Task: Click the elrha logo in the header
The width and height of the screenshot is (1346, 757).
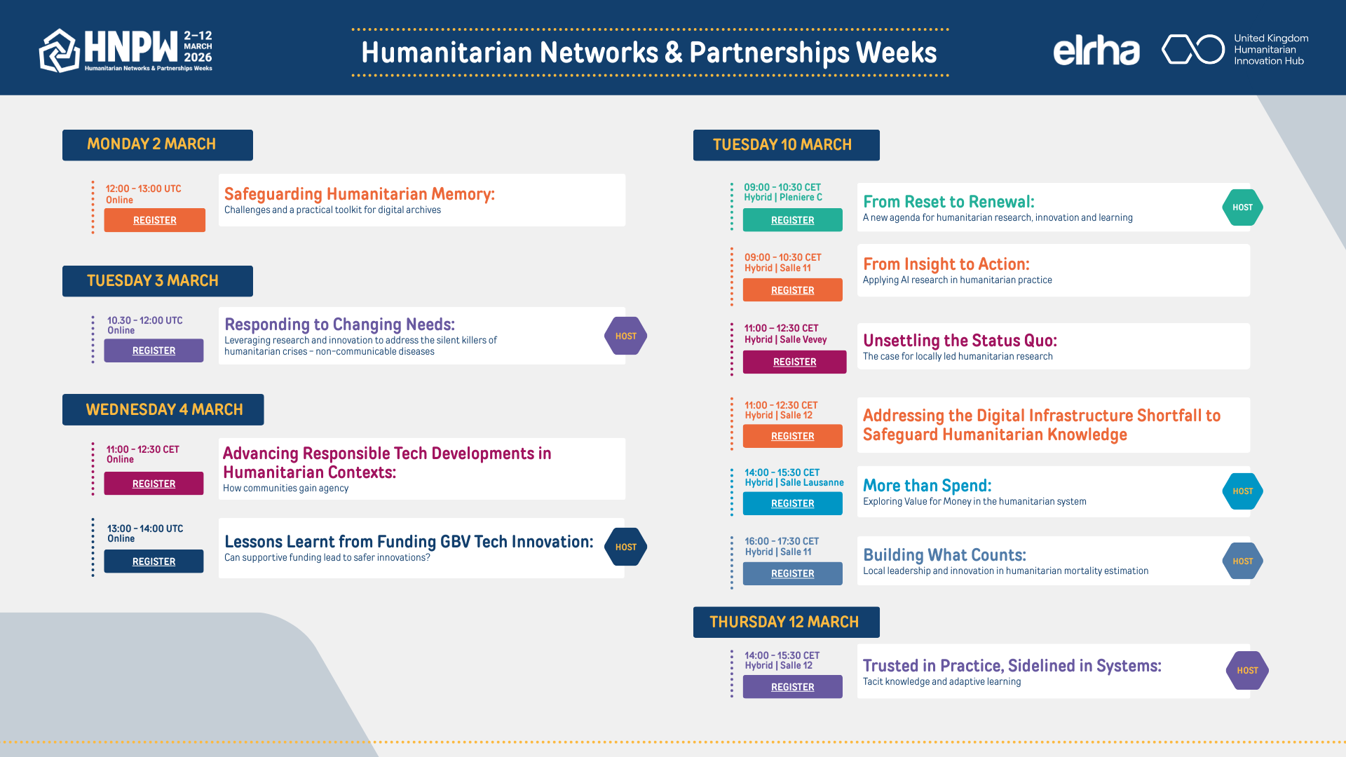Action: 1096,50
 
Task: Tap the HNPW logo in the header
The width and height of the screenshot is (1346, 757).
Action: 126,50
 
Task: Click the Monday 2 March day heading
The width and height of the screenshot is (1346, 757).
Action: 158,144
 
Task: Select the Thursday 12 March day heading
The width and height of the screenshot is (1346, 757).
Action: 786,622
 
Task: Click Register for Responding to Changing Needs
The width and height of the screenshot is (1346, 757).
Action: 154,350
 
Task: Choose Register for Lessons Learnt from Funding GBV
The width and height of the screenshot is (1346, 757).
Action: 154,561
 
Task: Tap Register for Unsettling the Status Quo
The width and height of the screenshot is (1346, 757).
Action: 794,362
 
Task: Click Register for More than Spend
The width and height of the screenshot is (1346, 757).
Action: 793,503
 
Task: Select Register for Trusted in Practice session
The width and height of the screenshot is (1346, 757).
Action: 793,687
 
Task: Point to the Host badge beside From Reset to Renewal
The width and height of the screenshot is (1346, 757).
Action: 1242,207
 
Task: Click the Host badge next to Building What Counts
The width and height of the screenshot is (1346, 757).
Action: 1242,561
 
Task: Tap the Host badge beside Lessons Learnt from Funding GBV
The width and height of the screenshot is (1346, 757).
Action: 625,547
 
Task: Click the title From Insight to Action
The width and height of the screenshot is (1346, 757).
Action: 946,264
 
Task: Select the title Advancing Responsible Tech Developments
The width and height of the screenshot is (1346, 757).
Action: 387,463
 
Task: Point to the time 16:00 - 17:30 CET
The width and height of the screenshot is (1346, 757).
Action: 782,541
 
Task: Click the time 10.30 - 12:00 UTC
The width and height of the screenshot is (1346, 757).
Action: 144,320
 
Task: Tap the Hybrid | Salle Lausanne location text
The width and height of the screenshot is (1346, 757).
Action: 794,482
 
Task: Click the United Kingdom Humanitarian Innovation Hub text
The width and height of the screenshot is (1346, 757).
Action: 1271,50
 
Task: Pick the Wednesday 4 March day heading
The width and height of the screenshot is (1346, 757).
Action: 163,409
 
